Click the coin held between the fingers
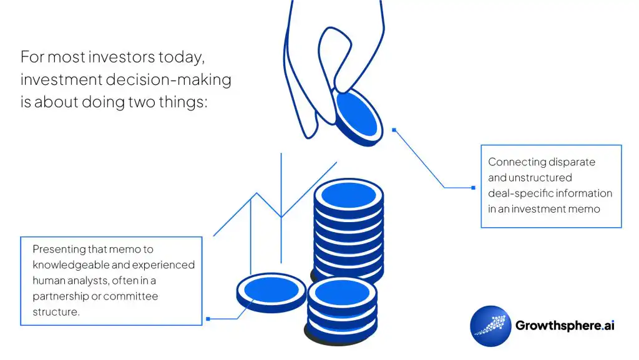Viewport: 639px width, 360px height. click(356, 116)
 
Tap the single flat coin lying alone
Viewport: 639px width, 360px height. click(271, 291)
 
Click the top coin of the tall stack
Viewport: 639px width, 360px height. click(348, 195)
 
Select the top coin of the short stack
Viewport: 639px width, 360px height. click(342, 293)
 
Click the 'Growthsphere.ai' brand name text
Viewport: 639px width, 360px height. click(565, 326)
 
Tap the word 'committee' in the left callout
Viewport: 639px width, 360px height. click(130, 296)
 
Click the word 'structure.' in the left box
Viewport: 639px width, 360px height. click(56, 311)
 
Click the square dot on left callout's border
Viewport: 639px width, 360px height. click(208, 319)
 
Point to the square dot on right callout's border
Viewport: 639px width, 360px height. click(473, 187)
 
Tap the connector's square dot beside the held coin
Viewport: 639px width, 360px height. click(394, 130)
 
